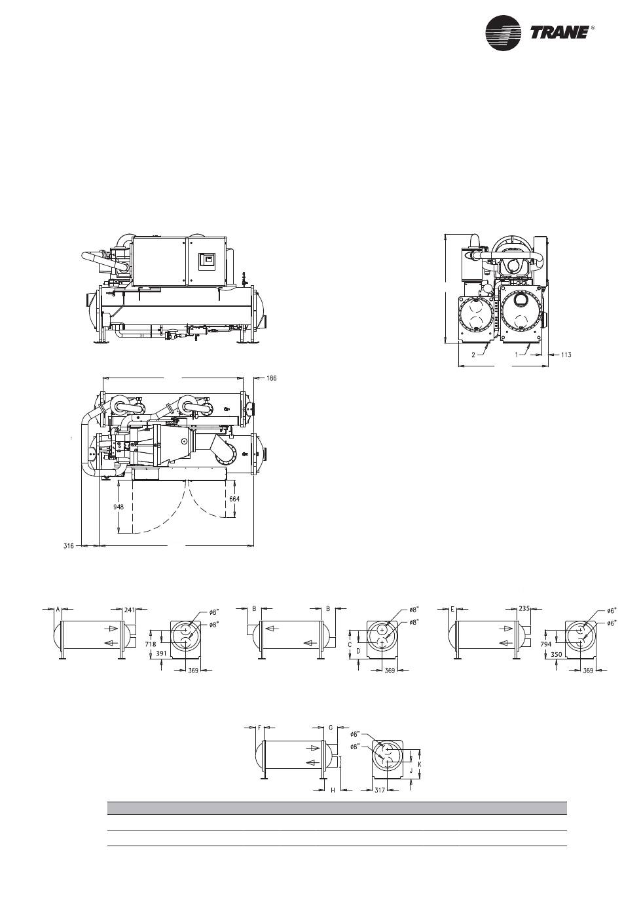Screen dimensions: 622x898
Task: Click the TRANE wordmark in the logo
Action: (559, 33)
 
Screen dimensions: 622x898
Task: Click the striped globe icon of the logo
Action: (503, 33)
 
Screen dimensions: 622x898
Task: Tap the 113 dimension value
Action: (566, 355)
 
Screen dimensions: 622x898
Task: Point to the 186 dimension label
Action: (271, 378)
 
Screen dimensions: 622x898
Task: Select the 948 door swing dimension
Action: (119, 507)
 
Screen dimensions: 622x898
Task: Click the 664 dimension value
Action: (234, 499)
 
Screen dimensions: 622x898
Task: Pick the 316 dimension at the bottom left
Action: (69, 545)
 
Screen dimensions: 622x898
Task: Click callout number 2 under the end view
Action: (473, 355)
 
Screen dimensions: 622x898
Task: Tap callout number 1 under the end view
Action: (517, 355)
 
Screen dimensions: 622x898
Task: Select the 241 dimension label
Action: (129, 610)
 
